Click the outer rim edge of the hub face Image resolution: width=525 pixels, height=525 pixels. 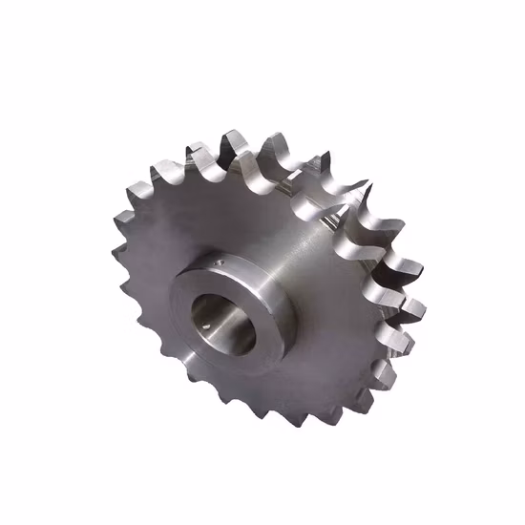click(x=176, y=286)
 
